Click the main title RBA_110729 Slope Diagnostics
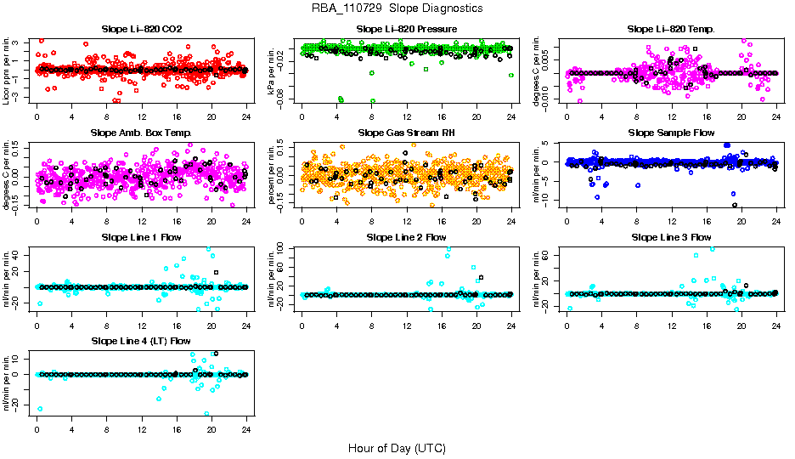click(x=397, y=8)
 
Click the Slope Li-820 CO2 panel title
click(x=142, y=30)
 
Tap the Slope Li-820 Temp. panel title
click(x=671, y=30)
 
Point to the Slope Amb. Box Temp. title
click(x=142, y=133)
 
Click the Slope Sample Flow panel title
click(x=671, y=133)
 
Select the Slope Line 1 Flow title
click(x=142, y=237)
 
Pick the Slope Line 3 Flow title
click(x=671, y=237)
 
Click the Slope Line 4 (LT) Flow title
click(x=142, y=341)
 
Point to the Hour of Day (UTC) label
click(x=397, y=448)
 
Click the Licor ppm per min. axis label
click(x=7, y=71)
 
